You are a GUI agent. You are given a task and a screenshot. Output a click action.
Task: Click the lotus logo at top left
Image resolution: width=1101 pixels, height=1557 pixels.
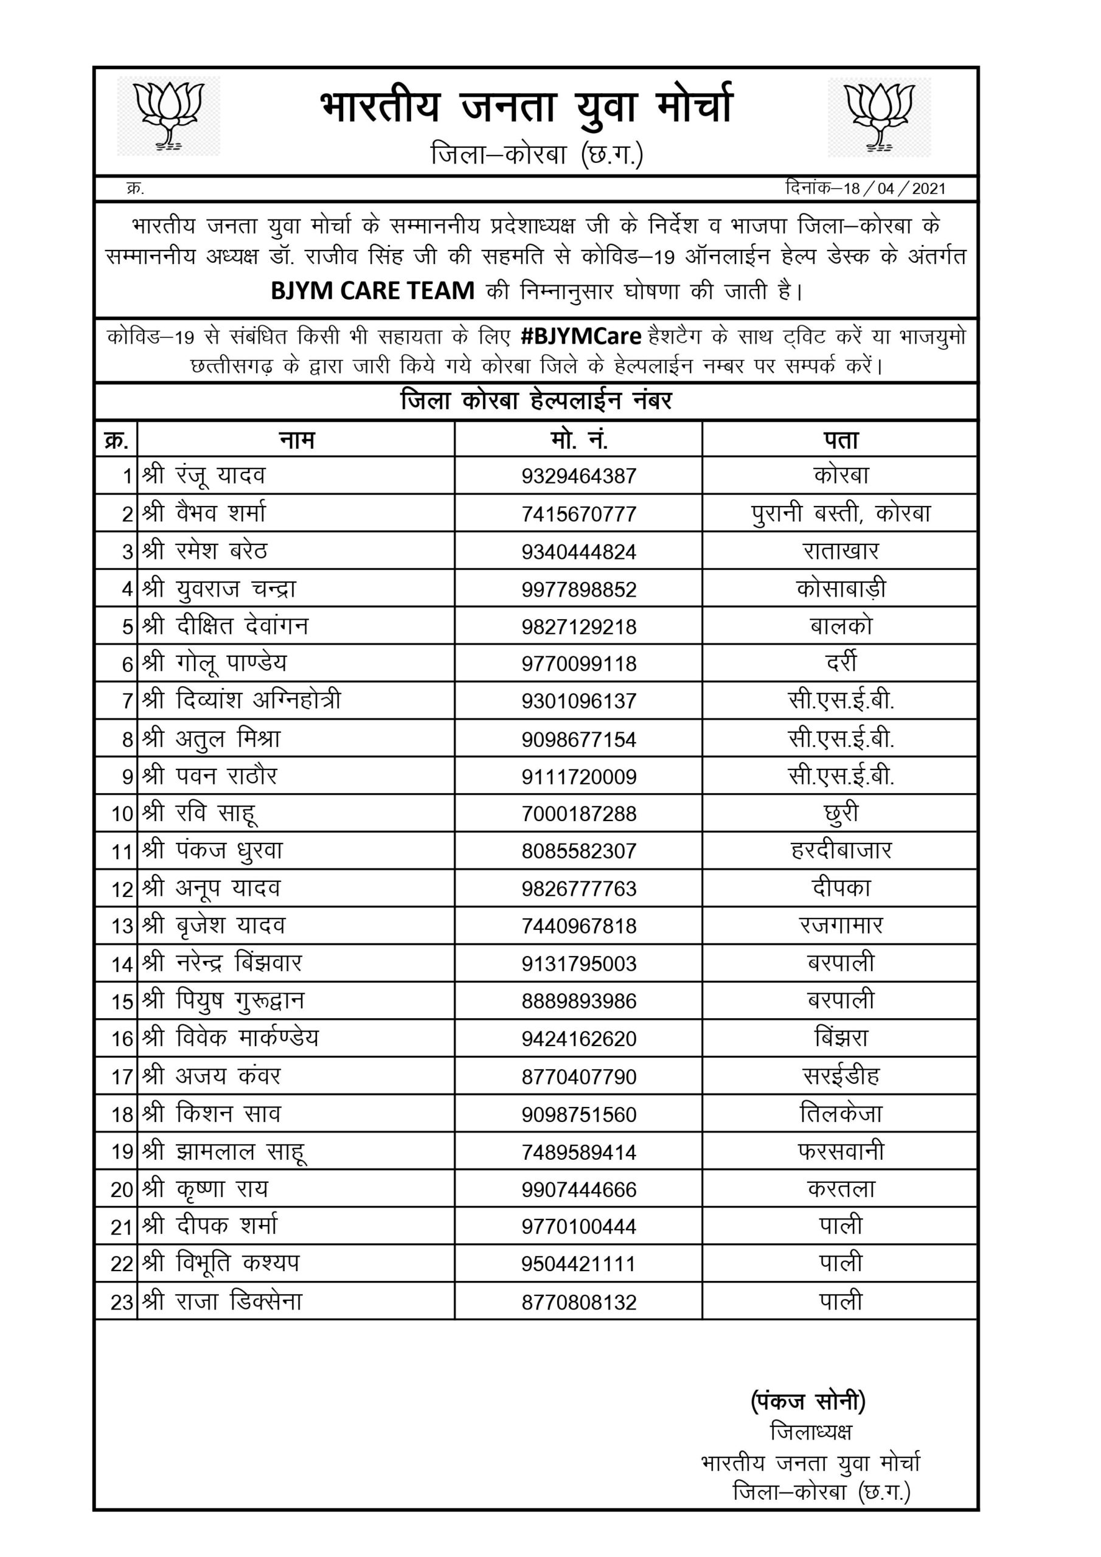(169, 116)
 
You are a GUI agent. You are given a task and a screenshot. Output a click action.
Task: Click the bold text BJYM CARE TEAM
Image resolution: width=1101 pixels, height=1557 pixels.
(372, 291)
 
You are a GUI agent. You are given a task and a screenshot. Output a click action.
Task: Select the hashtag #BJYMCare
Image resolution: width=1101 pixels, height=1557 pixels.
(582, 336)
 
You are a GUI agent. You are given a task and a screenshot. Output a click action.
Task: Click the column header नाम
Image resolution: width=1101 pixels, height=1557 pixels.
(296, 440)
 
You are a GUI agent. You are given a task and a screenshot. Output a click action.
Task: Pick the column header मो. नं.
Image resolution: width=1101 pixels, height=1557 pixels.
(578, 440)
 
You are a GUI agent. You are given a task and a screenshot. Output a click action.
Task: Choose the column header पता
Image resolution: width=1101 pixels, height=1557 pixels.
(841, 440)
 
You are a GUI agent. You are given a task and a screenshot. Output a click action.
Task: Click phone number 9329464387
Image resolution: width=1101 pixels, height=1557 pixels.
(578, 476)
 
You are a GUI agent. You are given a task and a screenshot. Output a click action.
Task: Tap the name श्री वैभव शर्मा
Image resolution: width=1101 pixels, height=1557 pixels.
(204, 513)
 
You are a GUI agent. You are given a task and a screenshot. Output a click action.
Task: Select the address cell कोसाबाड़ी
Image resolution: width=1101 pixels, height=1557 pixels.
(841, 589)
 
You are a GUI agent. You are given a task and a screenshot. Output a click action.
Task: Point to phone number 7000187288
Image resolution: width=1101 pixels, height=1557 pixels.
(578, 814)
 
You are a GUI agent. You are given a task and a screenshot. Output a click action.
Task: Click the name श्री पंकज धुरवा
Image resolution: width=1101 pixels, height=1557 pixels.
(212, 851)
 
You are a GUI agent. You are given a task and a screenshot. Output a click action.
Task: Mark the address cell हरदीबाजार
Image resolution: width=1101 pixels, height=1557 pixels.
(841, 850)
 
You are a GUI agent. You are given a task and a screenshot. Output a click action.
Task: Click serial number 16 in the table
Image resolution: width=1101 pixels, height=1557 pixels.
(122, 1039)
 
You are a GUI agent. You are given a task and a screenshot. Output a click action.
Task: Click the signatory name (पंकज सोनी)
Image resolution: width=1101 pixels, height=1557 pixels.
(808, 1401)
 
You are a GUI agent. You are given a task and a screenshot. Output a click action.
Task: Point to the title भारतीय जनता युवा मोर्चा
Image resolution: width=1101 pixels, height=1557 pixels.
(526, 106)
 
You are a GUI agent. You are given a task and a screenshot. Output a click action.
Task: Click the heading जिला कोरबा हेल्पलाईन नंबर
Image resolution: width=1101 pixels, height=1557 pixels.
(536, 401)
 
